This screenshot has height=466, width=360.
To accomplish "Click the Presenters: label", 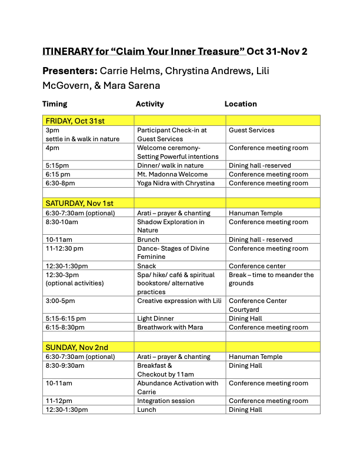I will click(x=70, y=71).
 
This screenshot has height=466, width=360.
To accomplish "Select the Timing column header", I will click(x=55, y=104).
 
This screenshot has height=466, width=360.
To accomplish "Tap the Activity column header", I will click(x=149, y=104).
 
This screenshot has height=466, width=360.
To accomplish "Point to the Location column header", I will click(x=241, y=104).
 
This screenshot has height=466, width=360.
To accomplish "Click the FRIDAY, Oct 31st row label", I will click(x=75, y=121).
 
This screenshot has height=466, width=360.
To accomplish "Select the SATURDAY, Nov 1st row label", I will click(x=79, y=204).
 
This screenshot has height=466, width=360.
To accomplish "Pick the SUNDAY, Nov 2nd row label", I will click(x=76, y=347).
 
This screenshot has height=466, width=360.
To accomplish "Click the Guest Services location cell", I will click(x=252, y=130).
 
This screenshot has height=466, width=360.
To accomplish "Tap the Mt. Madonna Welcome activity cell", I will click(x=172, y=174).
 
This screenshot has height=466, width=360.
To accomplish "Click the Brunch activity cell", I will click(x=148, y=239).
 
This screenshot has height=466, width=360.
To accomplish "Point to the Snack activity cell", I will click(x=146, y=266).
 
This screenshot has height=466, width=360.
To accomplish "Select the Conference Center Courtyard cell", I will click(x=258, y=305).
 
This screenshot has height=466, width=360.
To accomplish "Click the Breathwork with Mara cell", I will click(x=172, y=327).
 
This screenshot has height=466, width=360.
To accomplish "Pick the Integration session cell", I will click(x=165, y=401).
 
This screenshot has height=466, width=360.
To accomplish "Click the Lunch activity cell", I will click(x=146, y=410).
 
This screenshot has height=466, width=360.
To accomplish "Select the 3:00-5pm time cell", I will click(x=60, y=301).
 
